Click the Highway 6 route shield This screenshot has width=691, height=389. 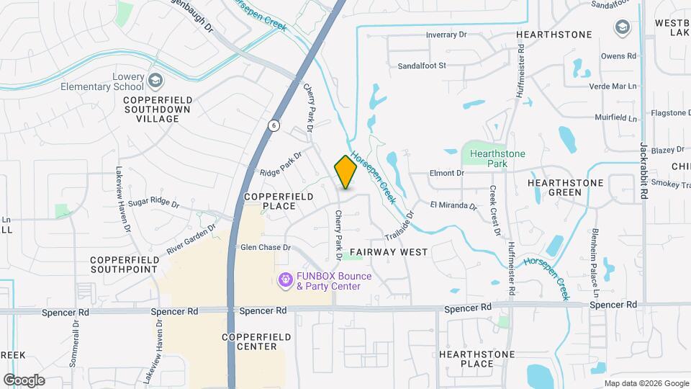click(x=274, y=125)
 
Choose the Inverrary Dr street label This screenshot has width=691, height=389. click(x=446, y=35)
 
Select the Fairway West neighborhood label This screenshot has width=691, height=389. click(x=389, y=252)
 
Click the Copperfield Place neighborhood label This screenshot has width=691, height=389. click(x=270, y=201)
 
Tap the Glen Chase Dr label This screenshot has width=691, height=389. click(x=265, y=247)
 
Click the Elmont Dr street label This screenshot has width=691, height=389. click(x=447, y=173)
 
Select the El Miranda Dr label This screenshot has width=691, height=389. click(x=453, y=205)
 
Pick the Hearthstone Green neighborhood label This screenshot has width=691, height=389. click(x=565, y=188)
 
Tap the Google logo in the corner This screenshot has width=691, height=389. click(x=24, y=380)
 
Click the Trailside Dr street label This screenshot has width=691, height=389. click(x=401, y=225)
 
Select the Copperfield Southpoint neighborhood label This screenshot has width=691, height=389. click(x=124, y=264)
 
